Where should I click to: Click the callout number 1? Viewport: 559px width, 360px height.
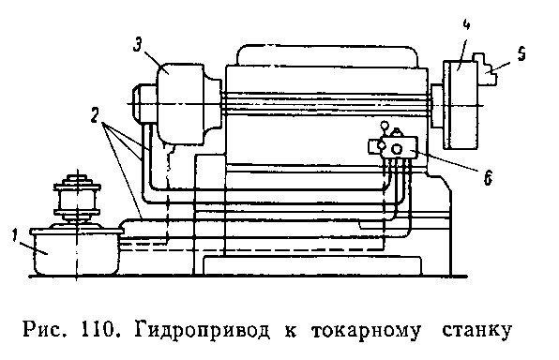pos(15,236)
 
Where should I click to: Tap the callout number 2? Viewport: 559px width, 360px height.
pos(94,116)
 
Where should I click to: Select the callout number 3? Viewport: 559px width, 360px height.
pos(138,46)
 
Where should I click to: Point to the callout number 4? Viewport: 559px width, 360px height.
pos(466,24)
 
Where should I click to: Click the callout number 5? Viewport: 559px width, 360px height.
pos(521,54)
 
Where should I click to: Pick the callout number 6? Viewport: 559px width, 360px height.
pos(488,177)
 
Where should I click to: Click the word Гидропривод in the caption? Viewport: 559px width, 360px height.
pos(203,330)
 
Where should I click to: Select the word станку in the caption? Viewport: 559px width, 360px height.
pos(477,332)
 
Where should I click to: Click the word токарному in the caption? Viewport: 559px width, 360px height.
pos(366,332)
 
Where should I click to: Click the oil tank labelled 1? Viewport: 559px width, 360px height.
pos(76,252)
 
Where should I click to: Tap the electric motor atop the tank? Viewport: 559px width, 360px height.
pos(76,200)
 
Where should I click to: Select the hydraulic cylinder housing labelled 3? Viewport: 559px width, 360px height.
pos(181,104)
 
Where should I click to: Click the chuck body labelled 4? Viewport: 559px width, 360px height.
pos(461,104)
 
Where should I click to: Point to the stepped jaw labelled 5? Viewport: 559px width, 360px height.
pos(485,69)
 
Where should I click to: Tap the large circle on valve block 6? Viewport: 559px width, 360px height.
pos(397,149)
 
